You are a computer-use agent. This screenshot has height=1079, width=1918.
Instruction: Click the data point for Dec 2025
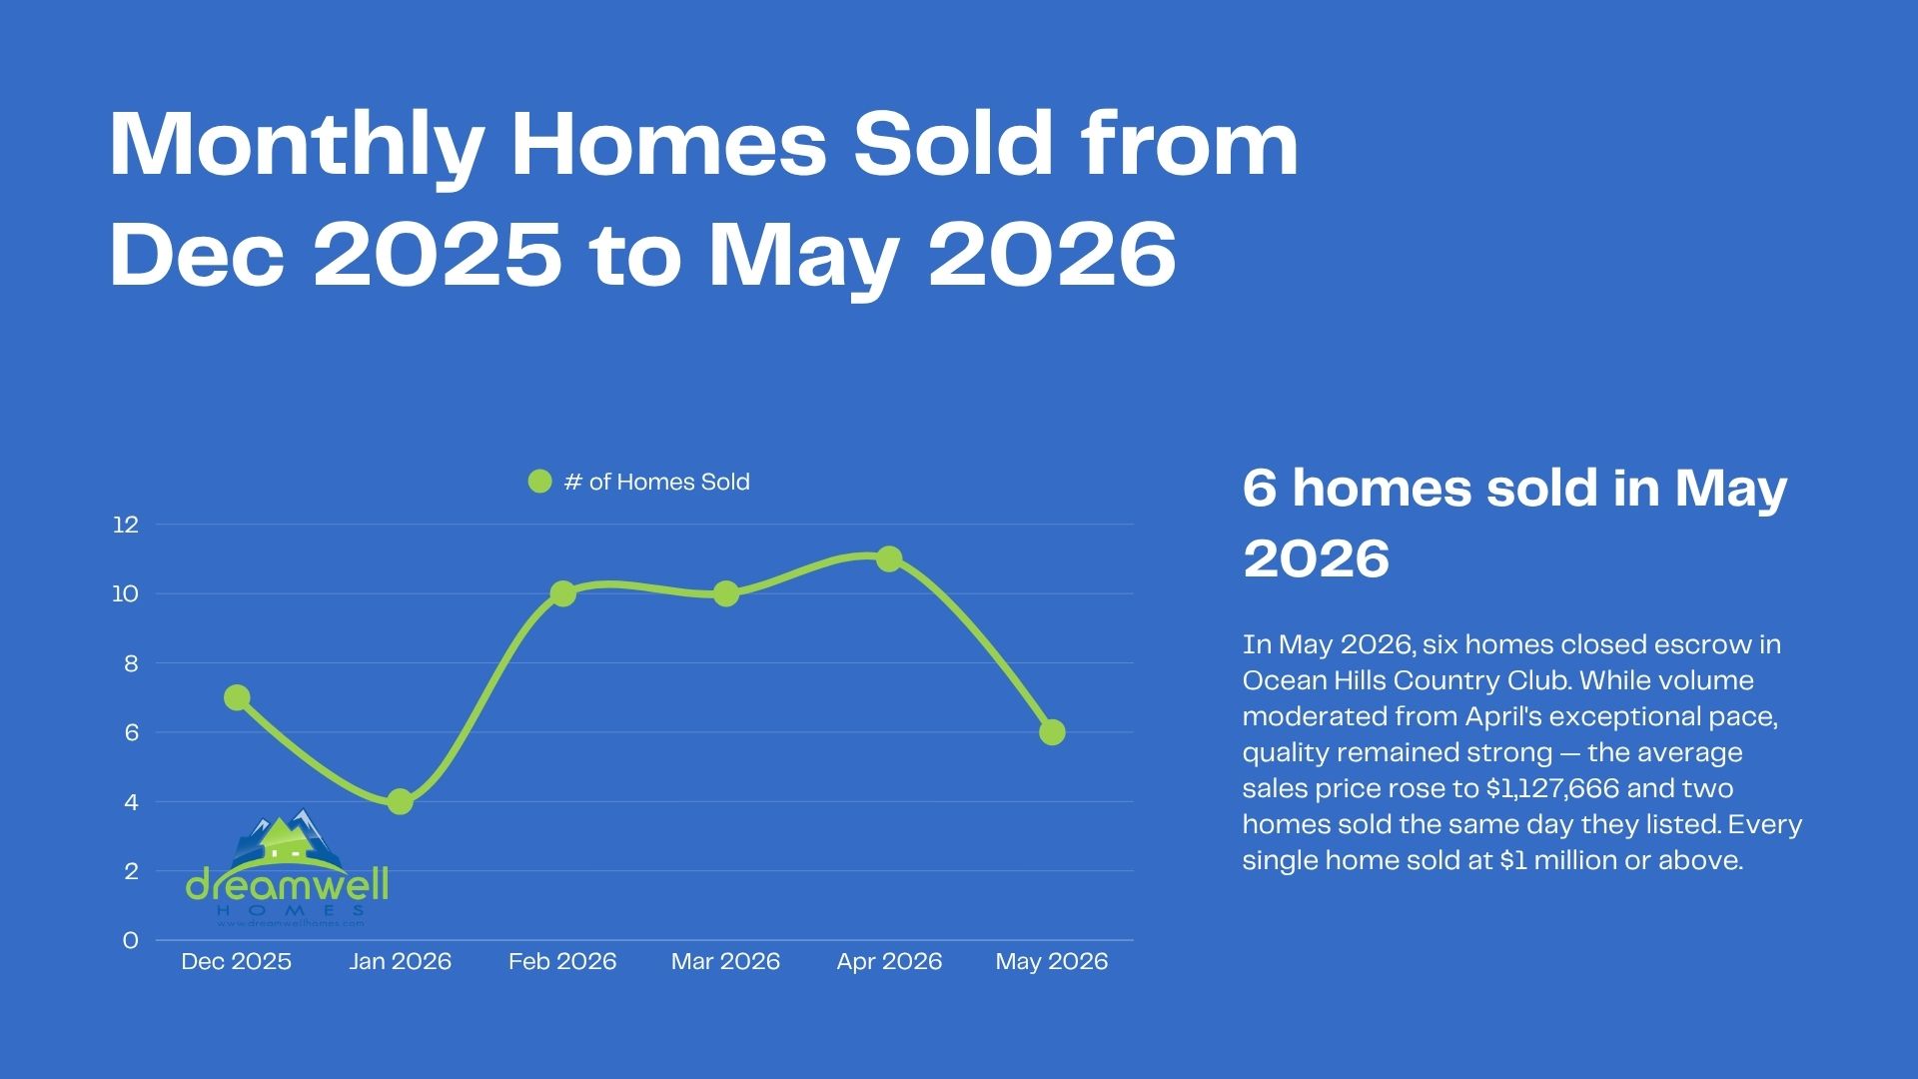click(x=237, y=697)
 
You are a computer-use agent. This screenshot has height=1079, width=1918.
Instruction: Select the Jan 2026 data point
click(x=400, y=801)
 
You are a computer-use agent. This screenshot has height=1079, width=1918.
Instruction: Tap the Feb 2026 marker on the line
click(x=562, y=593)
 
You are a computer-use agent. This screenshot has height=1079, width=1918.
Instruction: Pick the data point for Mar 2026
click(x=726, y=593)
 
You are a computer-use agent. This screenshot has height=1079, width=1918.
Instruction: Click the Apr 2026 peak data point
click(x=889, y=558)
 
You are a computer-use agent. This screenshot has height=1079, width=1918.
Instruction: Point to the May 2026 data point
click(x=1052, y=732)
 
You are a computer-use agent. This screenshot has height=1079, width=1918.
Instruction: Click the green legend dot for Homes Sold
click(x=539, y=482)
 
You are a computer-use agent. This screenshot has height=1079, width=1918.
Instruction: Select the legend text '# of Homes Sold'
click(x=656, y=482)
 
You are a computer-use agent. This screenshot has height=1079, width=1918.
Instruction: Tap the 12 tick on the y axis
click(x=126, y=525)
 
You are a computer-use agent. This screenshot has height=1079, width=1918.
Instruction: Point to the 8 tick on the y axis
click(x=131, y=663)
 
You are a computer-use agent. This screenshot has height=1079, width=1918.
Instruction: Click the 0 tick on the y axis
click(x=131, y=940)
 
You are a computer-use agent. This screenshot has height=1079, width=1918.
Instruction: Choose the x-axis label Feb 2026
click(x=562, y=961)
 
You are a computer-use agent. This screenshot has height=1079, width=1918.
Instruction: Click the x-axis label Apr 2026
click(x=889, y=962)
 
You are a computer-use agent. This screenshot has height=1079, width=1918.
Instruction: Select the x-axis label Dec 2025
click(x=237, y=961)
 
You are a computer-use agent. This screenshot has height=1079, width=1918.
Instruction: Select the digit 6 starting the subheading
click(x=1260, y=489)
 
